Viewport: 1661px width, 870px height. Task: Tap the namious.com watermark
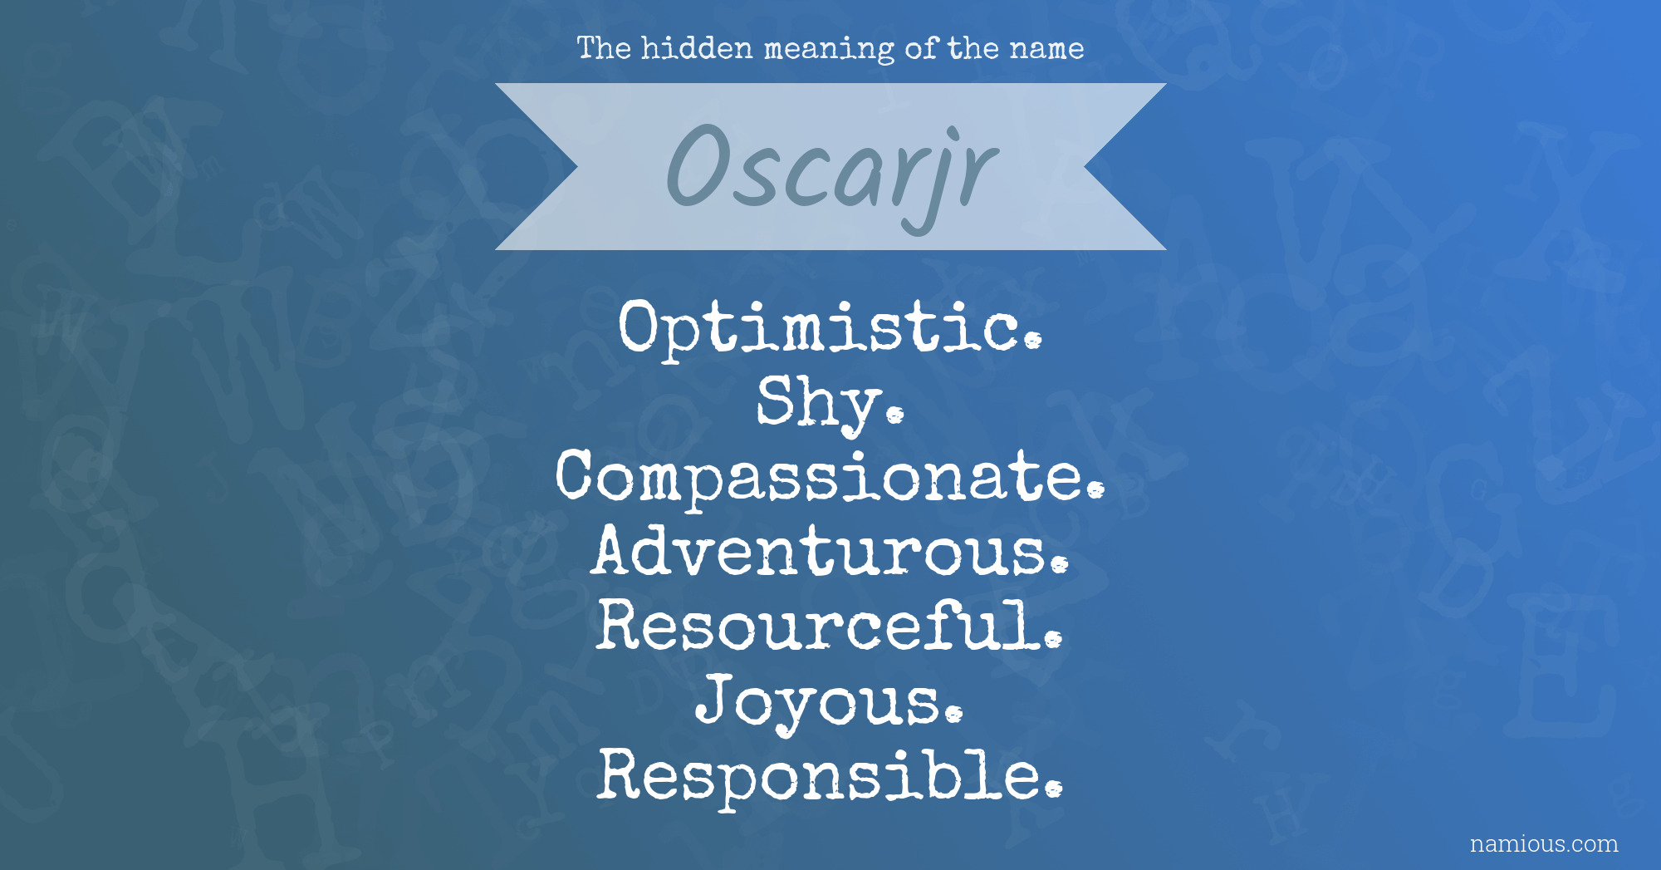pos(1544,843)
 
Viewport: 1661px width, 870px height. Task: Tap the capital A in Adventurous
pos(619,550)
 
